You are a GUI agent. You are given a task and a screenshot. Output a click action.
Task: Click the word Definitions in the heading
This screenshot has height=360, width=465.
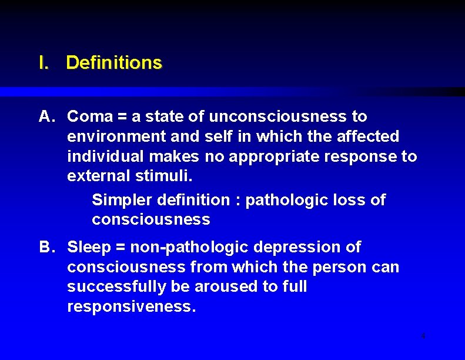point(113,62)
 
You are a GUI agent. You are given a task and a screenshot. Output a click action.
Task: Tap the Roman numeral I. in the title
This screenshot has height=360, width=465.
point(43,62)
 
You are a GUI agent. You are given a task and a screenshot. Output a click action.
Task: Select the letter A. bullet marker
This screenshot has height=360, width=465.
point(47,116)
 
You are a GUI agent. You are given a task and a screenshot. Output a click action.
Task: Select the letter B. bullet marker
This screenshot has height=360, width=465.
point(47,247)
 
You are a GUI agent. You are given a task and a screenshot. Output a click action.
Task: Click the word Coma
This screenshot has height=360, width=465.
point(86,116)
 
